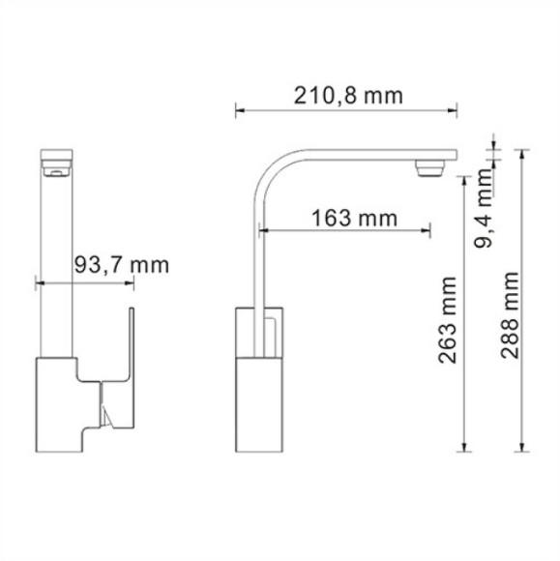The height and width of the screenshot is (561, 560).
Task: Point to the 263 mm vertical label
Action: click(x=446, y=319)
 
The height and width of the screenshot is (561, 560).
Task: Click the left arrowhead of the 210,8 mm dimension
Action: click(x=241, y=110)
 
